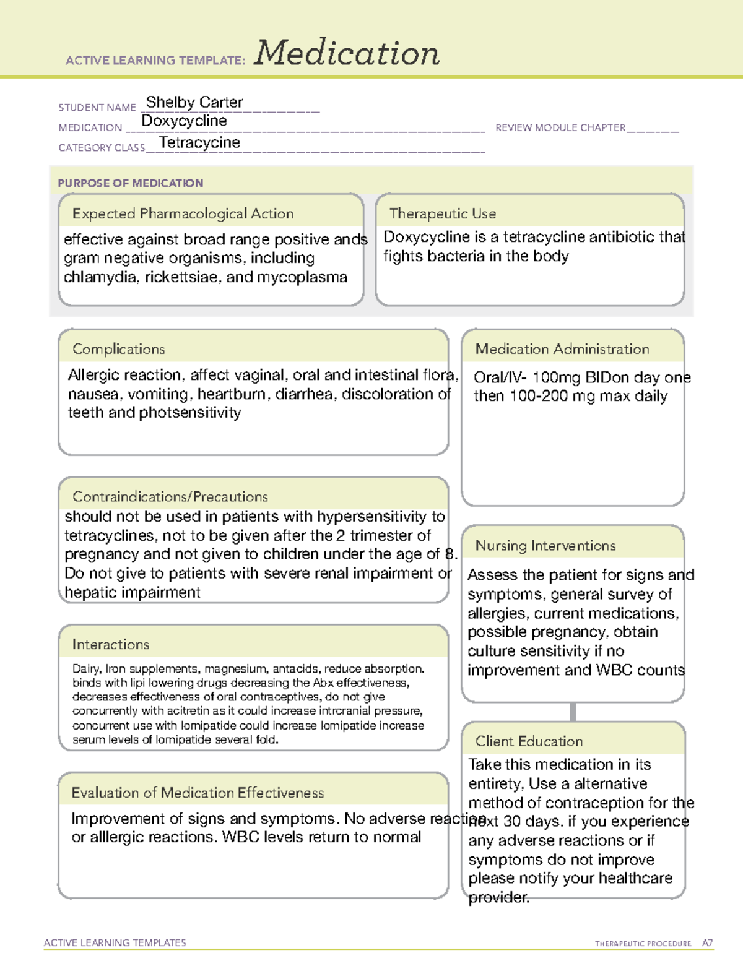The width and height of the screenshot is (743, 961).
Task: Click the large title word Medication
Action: point(347,53)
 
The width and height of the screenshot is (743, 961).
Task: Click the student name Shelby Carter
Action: point(194,102)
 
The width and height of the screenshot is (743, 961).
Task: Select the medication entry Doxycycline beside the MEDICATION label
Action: point(184,121)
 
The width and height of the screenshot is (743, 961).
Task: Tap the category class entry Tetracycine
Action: point(199,142)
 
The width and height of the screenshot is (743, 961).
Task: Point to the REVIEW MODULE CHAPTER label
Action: point(560,127)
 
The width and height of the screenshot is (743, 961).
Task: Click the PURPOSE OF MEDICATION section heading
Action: point(130,183)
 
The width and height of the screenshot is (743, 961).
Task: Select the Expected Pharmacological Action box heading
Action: point(183,213)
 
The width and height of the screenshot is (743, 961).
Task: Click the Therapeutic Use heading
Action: point(443,213)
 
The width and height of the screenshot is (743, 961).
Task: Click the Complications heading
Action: point(118,349)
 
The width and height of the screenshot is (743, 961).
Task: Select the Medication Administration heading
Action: point(562,349)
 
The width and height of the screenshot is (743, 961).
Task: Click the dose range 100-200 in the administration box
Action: point(538,396)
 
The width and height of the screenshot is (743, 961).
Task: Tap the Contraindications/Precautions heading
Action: point(170,496)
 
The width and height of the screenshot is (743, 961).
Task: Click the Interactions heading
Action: point(110,644)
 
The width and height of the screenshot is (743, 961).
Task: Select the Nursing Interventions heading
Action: point(545,545)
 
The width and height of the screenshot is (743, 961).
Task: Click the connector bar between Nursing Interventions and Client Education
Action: point(573,712)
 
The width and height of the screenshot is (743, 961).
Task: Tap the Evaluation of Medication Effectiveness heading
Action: point(198,793)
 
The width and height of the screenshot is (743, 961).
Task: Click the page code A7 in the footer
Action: point(707,943)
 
